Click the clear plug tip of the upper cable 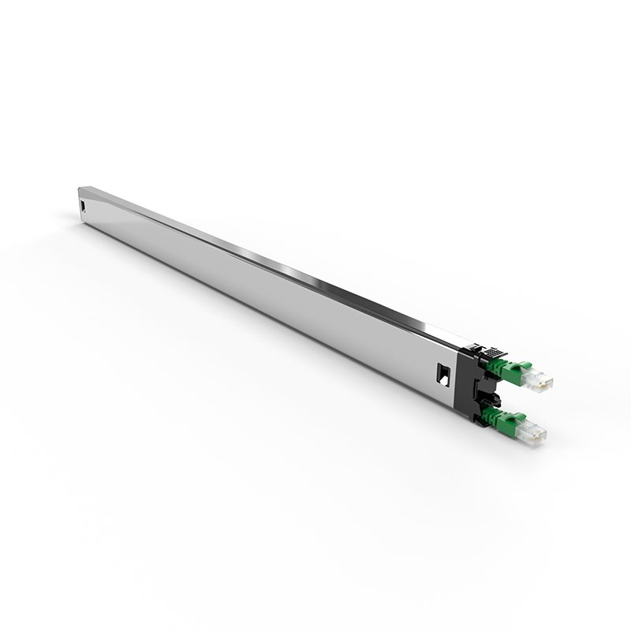(x=543, y=382)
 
